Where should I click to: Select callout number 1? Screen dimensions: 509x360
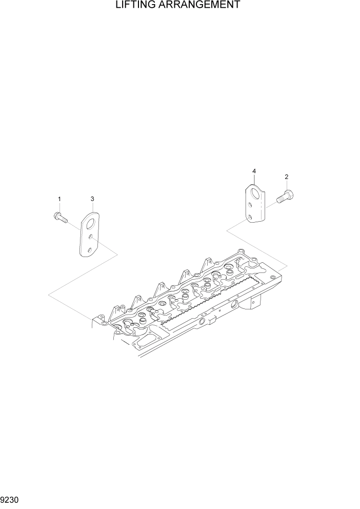click(x=59, y=199)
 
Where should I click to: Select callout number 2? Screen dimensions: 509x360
click(x=286, y=177)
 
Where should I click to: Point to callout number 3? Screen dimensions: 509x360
click(x=92, y=199)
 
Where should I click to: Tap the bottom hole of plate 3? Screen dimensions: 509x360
click(x=89, y=249)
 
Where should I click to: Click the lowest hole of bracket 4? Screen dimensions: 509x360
click(x=251, y=218)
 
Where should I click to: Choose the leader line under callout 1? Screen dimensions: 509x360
click(x=59, y=207)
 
